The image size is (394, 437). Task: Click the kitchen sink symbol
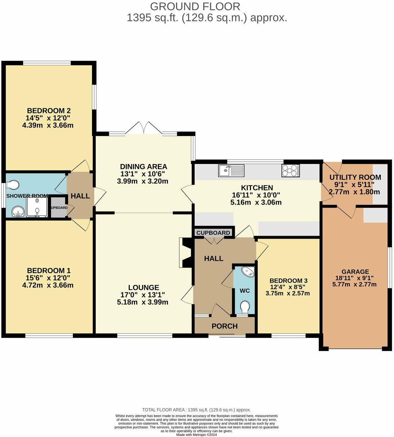[x=231, y=170]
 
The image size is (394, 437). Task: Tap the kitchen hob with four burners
[x=290, y=170]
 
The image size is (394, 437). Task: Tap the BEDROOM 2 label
[x=49, y=111]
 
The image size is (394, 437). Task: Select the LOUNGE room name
[x=143, y=287]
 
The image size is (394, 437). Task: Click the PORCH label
[x=225, y=326]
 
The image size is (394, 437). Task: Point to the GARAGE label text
[x=356, y=272]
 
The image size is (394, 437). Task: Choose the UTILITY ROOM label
[x=356, y=177]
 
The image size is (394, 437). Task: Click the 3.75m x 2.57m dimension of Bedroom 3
[x=288, y=293]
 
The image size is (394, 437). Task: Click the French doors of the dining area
[x=144, y=128]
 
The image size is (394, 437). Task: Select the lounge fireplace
[x=185, y=253]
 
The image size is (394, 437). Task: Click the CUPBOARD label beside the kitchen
[x=213, y=232]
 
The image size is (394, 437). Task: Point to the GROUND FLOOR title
[x=195, y=7]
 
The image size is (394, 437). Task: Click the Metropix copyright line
[x=196, y=435]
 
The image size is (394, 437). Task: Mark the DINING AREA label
[x=144, y=166]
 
